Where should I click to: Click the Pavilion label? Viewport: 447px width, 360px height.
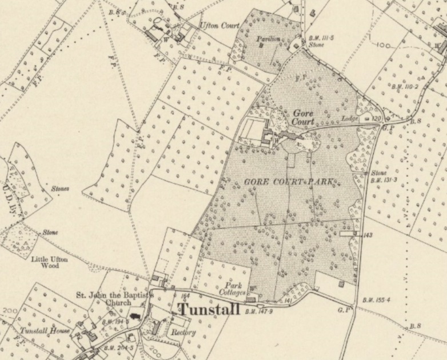click(x=268, y=39)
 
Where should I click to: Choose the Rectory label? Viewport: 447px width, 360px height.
click(x=183, y=332)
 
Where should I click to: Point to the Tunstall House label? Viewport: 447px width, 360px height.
click(x=44, y=331)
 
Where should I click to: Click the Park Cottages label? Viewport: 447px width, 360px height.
click(x=233, y=289)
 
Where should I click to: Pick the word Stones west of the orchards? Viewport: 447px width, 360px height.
click(x=59, y=188)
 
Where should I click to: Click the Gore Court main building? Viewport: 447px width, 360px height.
click(x=269, y=136)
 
